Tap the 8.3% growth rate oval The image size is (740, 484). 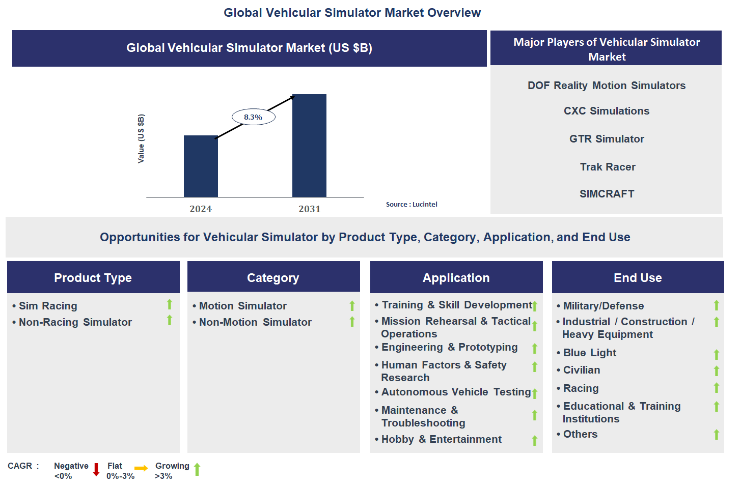[x=253, y=117]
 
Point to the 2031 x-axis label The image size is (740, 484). [x=309, y=209]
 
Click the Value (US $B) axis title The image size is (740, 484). [x=141, y=138]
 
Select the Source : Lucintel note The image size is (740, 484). [x=412, y=205]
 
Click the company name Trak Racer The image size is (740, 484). [x=607, y=167]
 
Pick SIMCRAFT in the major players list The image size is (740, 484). [x=607, y=194]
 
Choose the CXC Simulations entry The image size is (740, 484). [x=606, y=111]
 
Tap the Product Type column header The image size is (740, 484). [x=93, y=278]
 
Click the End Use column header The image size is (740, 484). [x=638, y=278]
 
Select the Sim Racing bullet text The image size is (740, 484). [x=48, y=306]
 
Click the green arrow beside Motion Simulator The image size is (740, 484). [x=352, y=306]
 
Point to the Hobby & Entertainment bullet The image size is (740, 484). [x=441, y=439]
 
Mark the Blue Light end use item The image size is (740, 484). [x=589, y=353]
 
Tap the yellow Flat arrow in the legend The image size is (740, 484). [x=141, y=468]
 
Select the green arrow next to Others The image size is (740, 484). [x=716, y=435]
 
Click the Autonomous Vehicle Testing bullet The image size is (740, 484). [x=456, y=392]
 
